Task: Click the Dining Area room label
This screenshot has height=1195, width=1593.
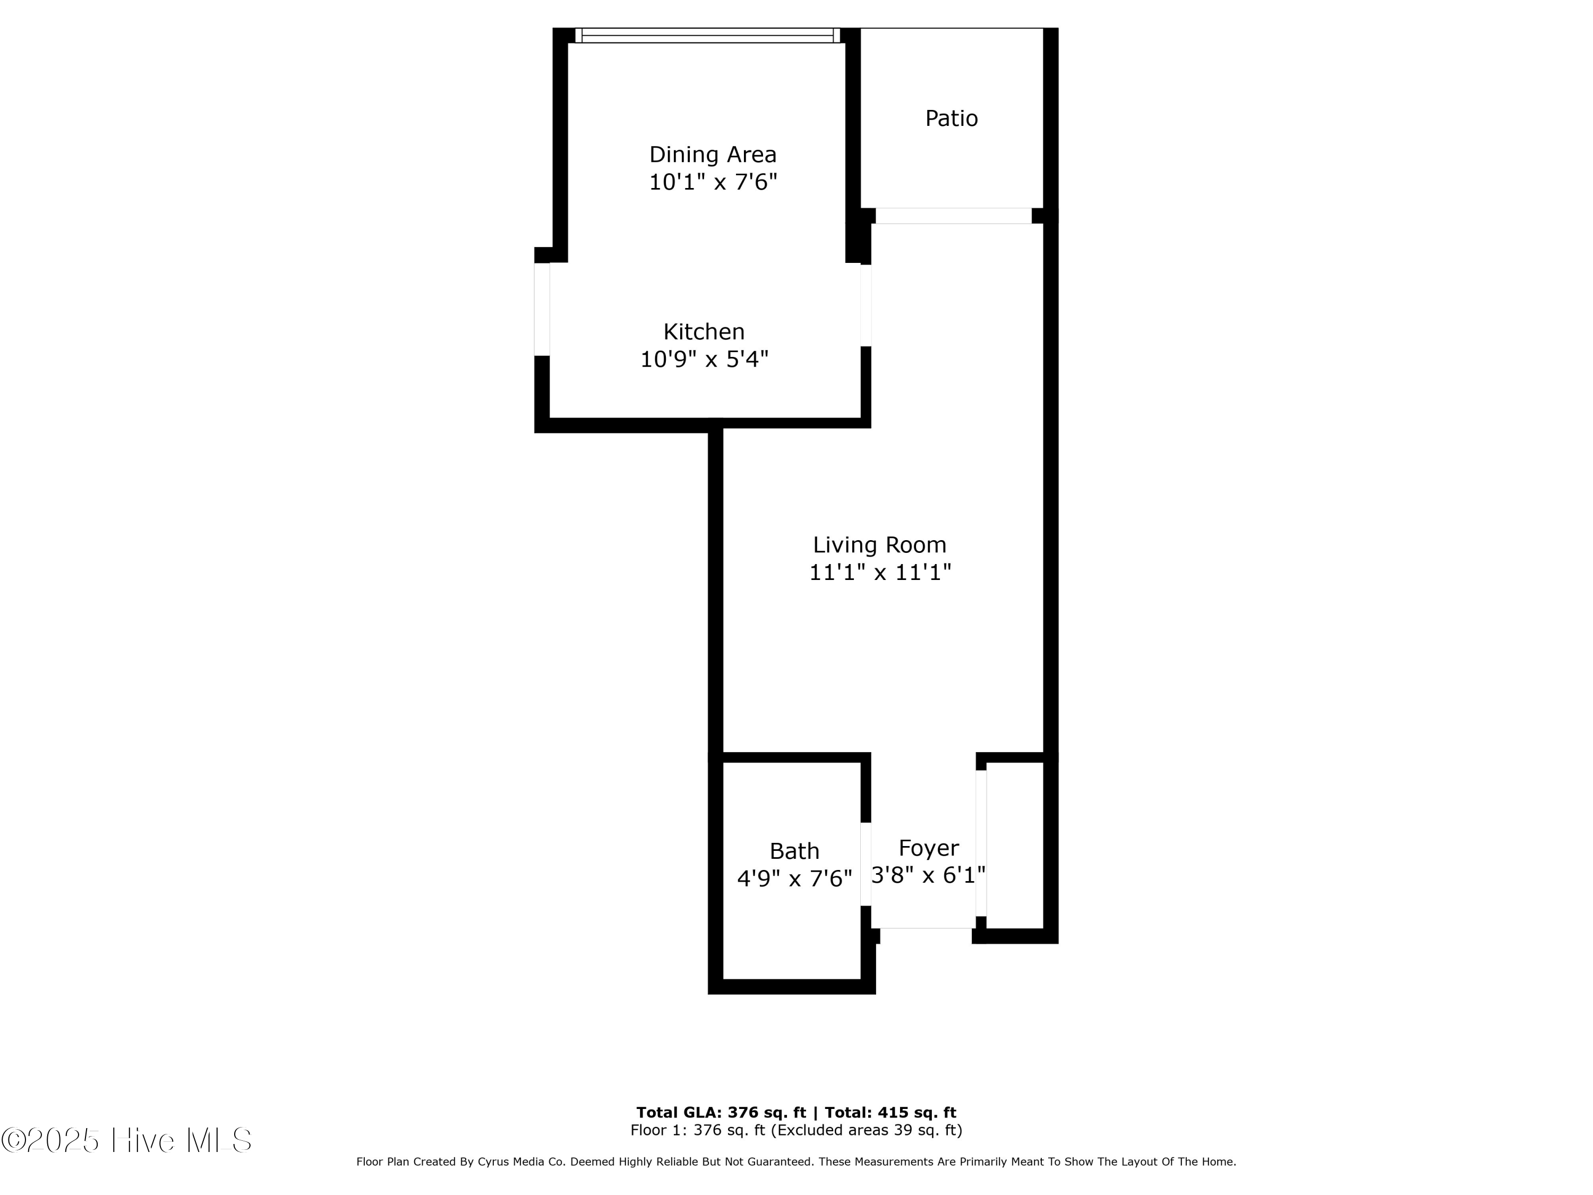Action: tap(712, 155)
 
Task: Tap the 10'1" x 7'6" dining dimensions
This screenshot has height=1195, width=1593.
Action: tap(712, 182)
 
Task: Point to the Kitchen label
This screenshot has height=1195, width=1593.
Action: tap(704, 332)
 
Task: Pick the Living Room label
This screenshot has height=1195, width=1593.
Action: tap(879, 545)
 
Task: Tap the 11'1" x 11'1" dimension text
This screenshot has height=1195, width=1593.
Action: tap(879, 573)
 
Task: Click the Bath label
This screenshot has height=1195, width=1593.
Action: tap(794, 851)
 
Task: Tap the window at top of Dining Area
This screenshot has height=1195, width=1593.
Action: tap(707, 35)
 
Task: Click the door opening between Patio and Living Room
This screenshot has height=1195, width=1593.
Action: tap(953, 216)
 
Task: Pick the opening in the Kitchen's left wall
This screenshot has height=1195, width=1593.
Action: tap(542, 309)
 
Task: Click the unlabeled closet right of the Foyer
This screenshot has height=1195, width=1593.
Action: tap(1015, 845)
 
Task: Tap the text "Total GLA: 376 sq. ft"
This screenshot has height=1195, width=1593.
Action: tap(720, 1113)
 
